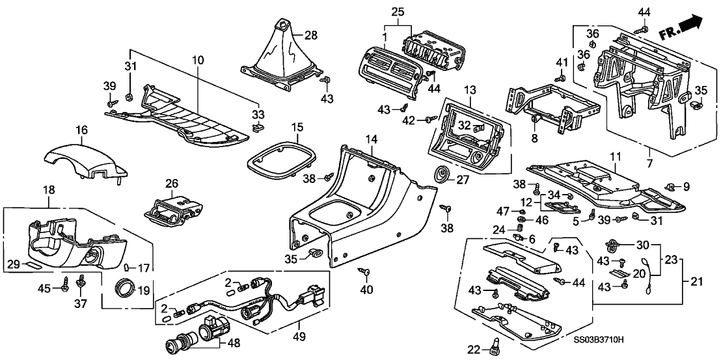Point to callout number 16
(x=81, y=130)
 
